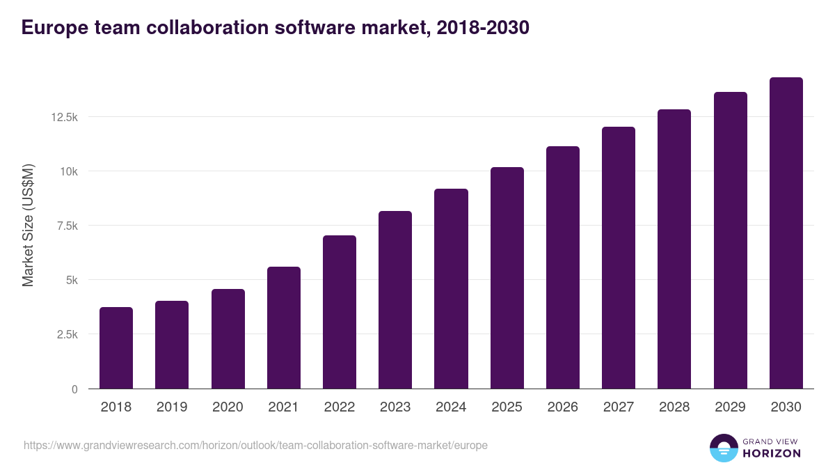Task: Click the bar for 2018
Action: click(x=116, y=348)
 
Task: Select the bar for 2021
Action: click(x=284, y=328)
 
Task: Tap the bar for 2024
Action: click(x=451, y=289)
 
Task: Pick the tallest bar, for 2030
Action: click(x=786, y=233)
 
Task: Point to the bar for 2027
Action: click(x=619, y=258)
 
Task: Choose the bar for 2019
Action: click(x=172, y=345)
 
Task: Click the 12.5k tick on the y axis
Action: click(x=64, y=117)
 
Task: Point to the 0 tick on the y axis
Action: click(x=74, y=389)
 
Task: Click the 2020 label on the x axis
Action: click(x=228, y=407)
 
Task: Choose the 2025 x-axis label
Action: click(x=507, y=407)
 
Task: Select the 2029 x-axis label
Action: click(x=730, y=407)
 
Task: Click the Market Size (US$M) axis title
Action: click(x=28, y=225)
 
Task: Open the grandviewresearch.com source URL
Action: click(x=255, y=445)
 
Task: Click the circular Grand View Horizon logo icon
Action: click(x=723, y=448)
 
